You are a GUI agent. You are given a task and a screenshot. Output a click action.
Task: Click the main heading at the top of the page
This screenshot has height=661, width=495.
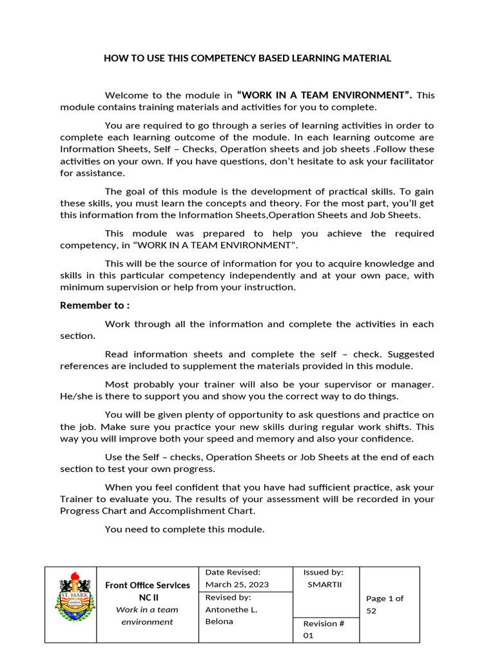(247, 58)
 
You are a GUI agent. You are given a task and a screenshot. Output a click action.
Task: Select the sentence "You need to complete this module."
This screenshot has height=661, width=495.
(184, 529)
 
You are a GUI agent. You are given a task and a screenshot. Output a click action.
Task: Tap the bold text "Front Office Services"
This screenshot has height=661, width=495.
(148, 585)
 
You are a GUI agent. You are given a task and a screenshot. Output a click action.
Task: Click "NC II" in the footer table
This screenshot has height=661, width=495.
(148, 597)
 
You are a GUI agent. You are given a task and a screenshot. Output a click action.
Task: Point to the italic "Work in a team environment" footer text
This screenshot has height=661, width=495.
(148, 615)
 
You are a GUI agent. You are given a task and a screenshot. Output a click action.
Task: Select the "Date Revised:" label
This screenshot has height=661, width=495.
(232, 572)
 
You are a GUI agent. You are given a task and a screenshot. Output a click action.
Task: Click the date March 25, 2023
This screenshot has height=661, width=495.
(237, 584)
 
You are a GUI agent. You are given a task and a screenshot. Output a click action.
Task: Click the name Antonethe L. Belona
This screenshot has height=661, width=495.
(230, 615)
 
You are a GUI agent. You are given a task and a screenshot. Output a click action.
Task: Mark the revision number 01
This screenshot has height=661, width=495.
(308, 636)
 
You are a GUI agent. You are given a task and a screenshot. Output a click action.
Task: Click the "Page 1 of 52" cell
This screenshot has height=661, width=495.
(385, 604)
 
